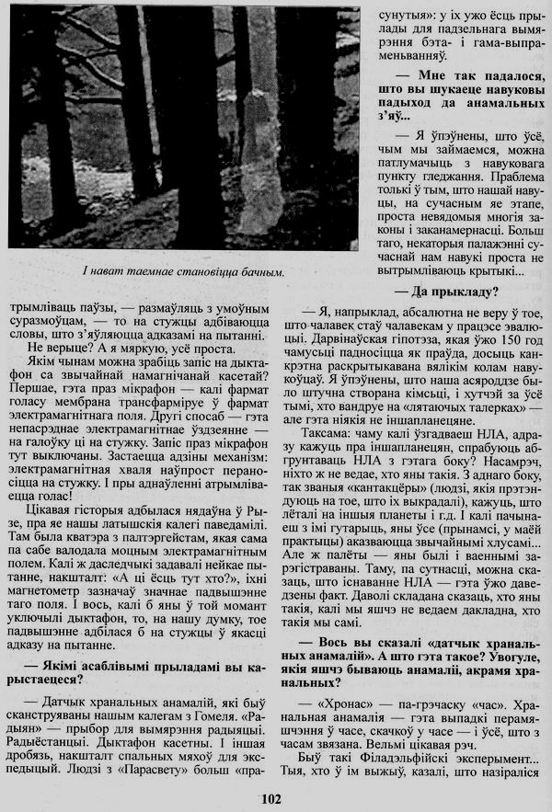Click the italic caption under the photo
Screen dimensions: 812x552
point(181,271)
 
